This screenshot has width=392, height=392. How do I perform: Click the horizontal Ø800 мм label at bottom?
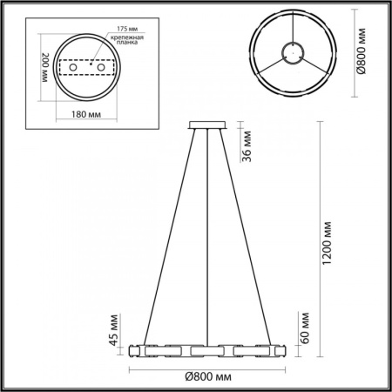tap(206, 375)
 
